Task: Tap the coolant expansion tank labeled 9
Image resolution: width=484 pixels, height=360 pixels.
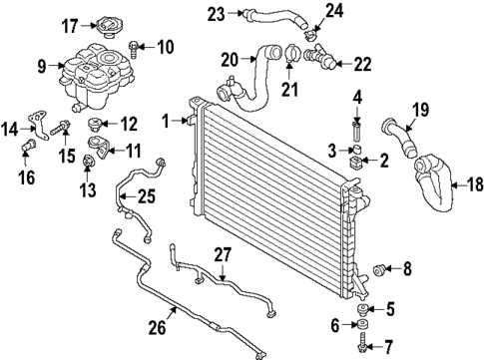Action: click(96, 76)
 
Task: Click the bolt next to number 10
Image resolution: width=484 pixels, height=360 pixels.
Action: click(137, 46)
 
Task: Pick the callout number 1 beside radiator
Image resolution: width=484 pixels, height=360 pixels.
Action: click(167, 121)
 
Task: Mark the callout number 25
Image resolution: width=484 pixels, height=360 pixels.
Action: click(146, 197)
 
